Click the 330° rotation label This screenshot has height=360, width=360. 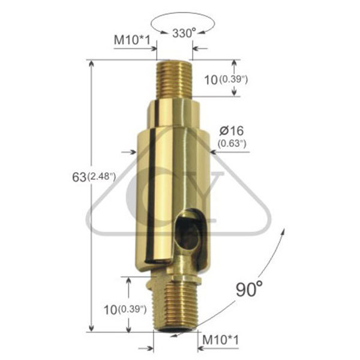pos(184,33)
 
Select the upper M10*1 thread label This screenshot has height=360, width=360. pos(132,40)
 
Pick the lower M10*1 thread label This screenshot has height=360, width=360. pos(220,340)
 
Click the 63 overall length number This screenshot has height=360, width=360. pos(79,177)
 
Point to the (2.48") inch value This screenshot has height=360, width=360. pos(101,177)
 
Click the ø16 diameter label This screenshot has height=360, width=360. pos(231,131)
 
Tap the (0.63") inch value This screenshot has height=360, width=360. pos(232,144)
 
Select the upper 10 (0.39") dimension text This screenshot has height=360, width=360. pos(226,80)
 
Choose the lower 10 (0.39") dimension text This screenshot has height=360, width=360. pos(125,310)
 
